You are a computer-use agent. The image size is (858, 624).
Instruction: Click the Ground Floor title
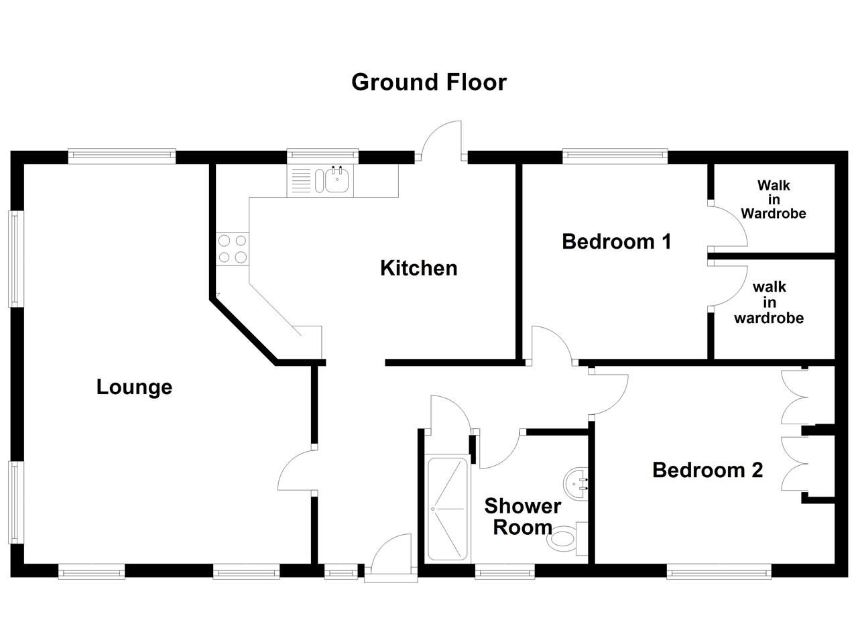(x=429, y=82)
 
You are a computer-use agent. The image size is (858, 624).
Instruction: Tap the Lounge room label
(x=134, y=387)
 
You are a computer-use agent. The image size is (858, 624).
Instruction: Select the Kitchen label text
(x=418, y=268)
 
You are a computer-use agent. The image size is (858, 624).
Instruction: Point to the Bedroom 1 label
(x=616, y=241)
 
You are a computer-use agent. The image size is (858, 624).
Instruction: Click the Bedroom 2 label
(x=707, y=470)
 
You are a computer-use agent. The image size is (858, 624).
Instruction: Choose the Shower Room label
(x=522, y=516)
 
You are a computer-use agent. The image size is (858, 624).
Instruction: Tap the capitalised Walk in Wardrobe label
(x=774, y=200)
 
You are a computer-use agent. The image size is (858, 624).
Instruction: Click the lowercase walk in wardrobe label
(x=769, y=302)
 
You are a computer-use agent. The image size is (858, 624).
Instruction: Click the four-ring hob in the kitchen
(x=232, y=249)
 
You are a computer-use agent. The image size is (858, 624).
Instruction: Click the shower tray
(x=448, y=509)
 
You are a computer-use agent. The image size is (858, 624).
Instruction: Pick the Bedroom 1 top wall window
(x=615, y=156)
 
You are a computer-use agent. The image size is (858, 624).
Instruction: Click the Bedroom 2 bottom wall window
(x=719, y=571)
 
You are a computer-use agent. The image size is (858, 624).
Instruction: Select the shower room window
(x=505, y=571)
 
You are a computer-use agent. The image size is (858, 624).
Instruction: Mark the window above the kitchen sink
(x=322, y=156)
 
